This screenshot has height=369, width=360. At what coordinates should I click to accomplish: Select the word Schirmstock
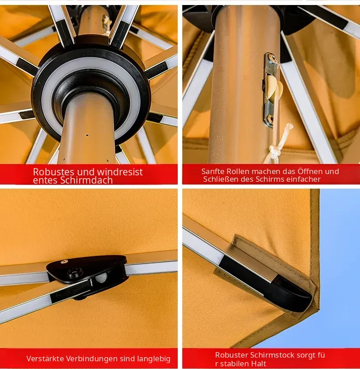click(x=272, y=355)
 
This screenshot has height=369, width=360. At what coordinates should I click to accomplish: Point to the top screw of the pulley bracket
click(x=273, y=58)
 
